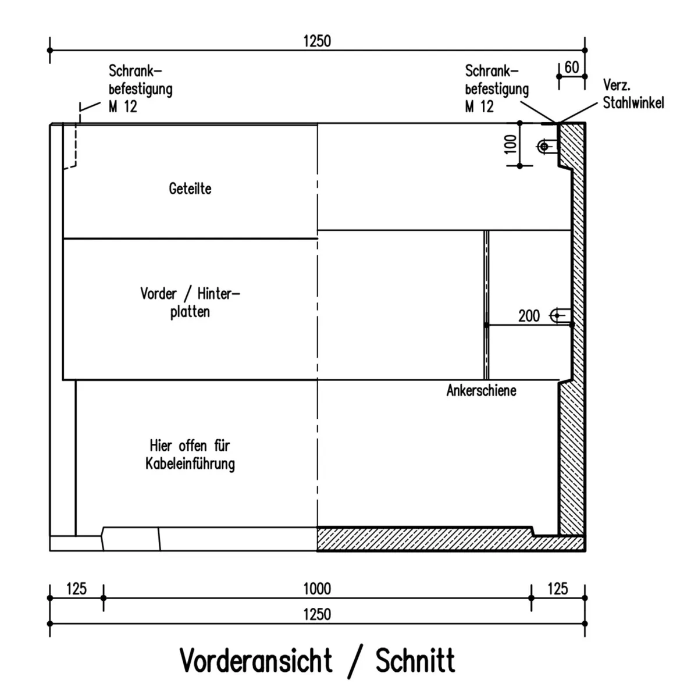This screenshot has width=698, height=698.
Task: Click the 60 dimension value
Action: click(572, 67)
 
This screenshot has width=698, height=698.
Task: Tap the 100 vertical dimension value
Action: click(510, 144)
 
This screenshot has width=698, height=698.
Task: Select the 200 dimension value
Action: click(529, 316)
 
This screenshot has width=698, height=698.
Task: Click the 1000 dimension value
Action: click(317, 589)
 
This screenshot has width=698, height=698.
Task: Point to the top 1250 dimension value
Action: click(317, 41)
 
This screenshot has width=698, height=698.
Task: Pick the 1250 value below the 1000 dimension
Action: click(317, 614)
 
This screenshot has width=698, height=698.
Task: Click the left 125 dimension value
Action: click(76, 589)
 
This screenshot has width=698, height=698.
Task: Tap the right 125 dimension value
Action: click(558, 589)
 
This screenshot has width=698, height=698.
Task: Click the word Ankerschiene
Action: click(482, 390)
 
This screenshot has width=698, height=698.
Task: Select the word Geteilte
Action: click(190, 188)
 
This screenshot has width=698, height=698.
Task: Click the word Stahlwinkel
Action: click(633, 103)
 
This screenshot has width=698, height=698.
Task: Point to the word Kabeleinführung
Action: click(190, 464)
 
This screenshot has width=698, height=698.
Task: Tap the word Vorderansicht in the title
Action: click(256, 661)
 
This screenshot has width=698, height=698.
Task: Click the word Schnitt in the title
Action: click(415, 661)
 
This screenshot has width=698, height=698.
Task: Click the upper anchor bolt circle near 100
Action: click(544, 147)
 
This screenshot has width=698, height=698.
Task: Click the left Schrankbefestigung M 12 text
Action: click(141, 89)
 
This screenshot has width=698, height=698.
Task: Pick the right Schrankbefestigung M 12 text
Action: click(497, 89)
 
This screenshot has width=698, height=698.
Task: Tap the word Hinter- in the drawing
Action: click(219, 294)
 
